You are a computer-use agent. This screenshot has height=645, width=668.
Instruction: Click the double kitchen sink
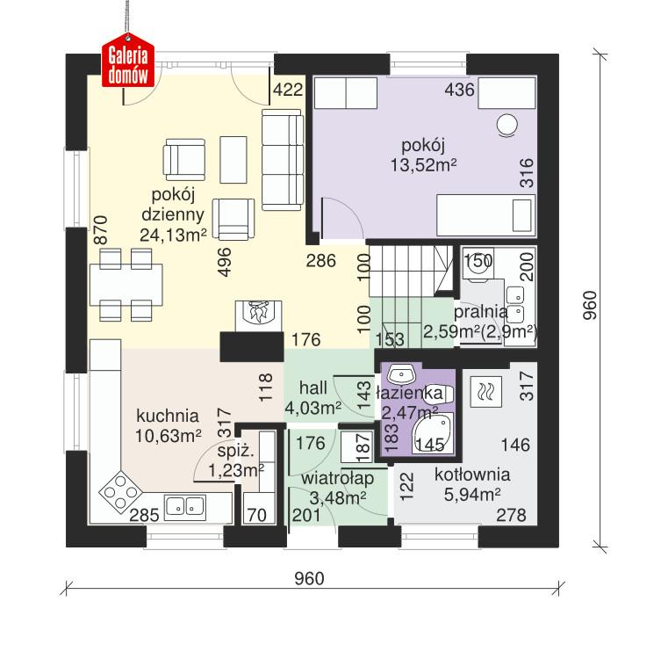(x=185, y=505)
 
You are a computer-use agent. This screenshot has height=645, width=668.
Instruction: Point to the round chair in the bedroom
(x=507, y=126)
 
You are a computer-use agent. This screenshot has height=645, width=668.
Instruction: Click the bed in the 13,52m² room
(x=485, y=213)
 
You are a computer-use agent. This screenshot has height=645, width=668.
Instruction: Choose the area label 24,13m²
(x=172, y=234)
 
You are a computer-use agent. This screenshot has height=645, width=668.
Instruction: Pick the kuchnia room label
(x=167, y=416)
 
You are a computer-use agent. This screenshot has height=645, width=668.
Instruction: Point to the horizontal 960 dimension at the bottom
(x=309, y=578)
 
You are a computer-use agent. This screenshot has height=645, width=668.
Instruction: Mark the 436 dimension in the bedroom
(x=460, y=89)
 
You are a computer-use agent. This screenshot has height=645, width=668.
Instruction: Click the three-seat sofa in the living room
(x=282, y=161)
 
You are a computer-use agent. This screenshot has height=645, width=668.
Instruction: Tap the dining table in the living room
(x=123, y=284)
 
